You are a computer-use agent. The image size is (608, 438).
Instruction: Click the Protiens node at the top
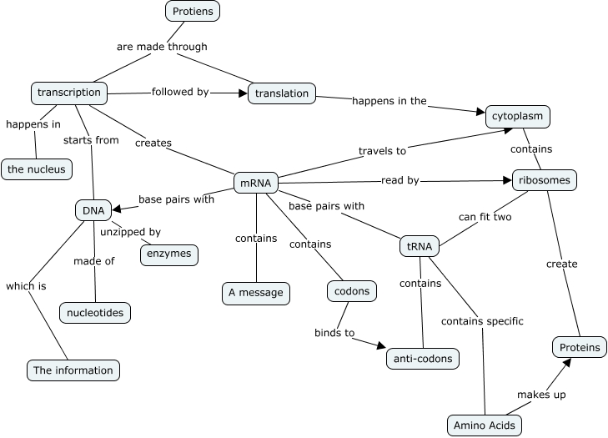tap(193, 11)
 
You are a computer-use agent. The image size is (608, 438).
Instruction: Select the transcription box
tap(69, 93)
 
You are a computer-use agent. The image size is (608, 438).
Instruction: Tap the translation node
tap(282, 93)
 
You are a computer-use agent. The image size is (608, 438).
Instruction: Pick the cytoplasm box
tap(518, 116)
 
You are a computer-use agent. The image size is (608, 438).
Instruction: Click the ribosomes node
tap(543, 179)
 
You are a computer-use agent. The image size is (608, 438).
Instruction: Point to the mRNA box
tap(255, 183)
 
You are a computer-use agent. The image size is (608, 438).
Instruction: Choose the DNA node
tap(93, 210)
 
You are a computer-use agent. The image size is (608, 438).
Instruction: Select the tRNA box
tap(419, 247)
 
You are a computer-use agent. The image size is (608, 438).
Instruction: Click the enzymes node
tap(169, 254)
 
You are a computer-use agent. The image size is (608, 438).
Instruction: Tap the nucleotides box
tap(96, 313)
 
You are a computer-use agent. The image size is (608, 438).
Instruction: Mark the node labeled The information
tap(73, 370)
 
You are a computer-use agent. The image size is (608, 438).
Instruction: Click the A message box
tap(256, 293)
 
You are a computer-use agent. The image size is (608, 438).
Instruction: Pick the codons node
tap(352, 292)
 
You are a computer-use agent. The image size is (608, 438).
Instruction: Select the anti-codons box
tap(423, 359)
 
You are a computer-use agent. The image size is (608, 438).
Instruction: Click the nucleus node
tap(36, 169)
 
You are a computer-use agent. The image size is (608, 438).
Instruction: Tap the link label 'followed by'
tap(179, 92)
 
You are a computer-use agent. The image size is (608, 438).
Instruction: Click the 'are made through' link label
tap(161, 47)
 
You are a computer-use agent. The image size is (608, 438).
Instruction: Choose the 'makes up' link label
tap(541, 395)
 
